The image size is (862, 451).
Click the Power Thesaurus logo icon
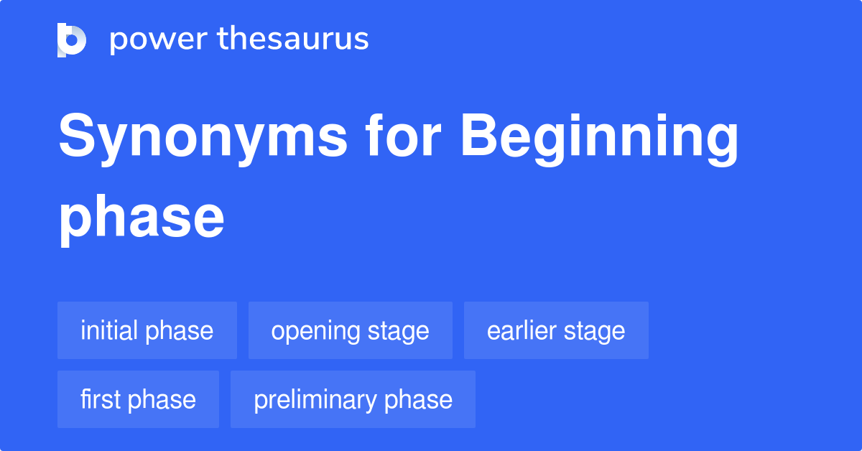pyautogui.click(x=72, y=39)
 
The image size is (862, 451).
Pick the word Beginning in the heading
pyautogui.click(x=600, y=138)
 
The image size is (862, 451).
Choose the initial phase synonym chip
pyautogui.click(x=147, y=331)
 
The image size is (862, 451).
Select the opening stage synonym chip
pyautogui.click(x=351, y=331)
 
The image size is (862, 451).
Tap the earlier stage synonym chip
pyautogui.click(x=556, y=331)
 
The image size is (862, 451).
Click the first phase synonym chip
pyautogui.click(x=138, y=399)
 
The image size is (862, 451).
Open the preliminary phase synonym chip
pyautogui.click(x=353, y=399)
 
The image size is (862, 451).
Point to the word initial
pyautogui.click(x=109, y=331)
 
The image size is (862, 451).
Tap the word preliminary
pyautogui.click(x=316, y=400)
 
